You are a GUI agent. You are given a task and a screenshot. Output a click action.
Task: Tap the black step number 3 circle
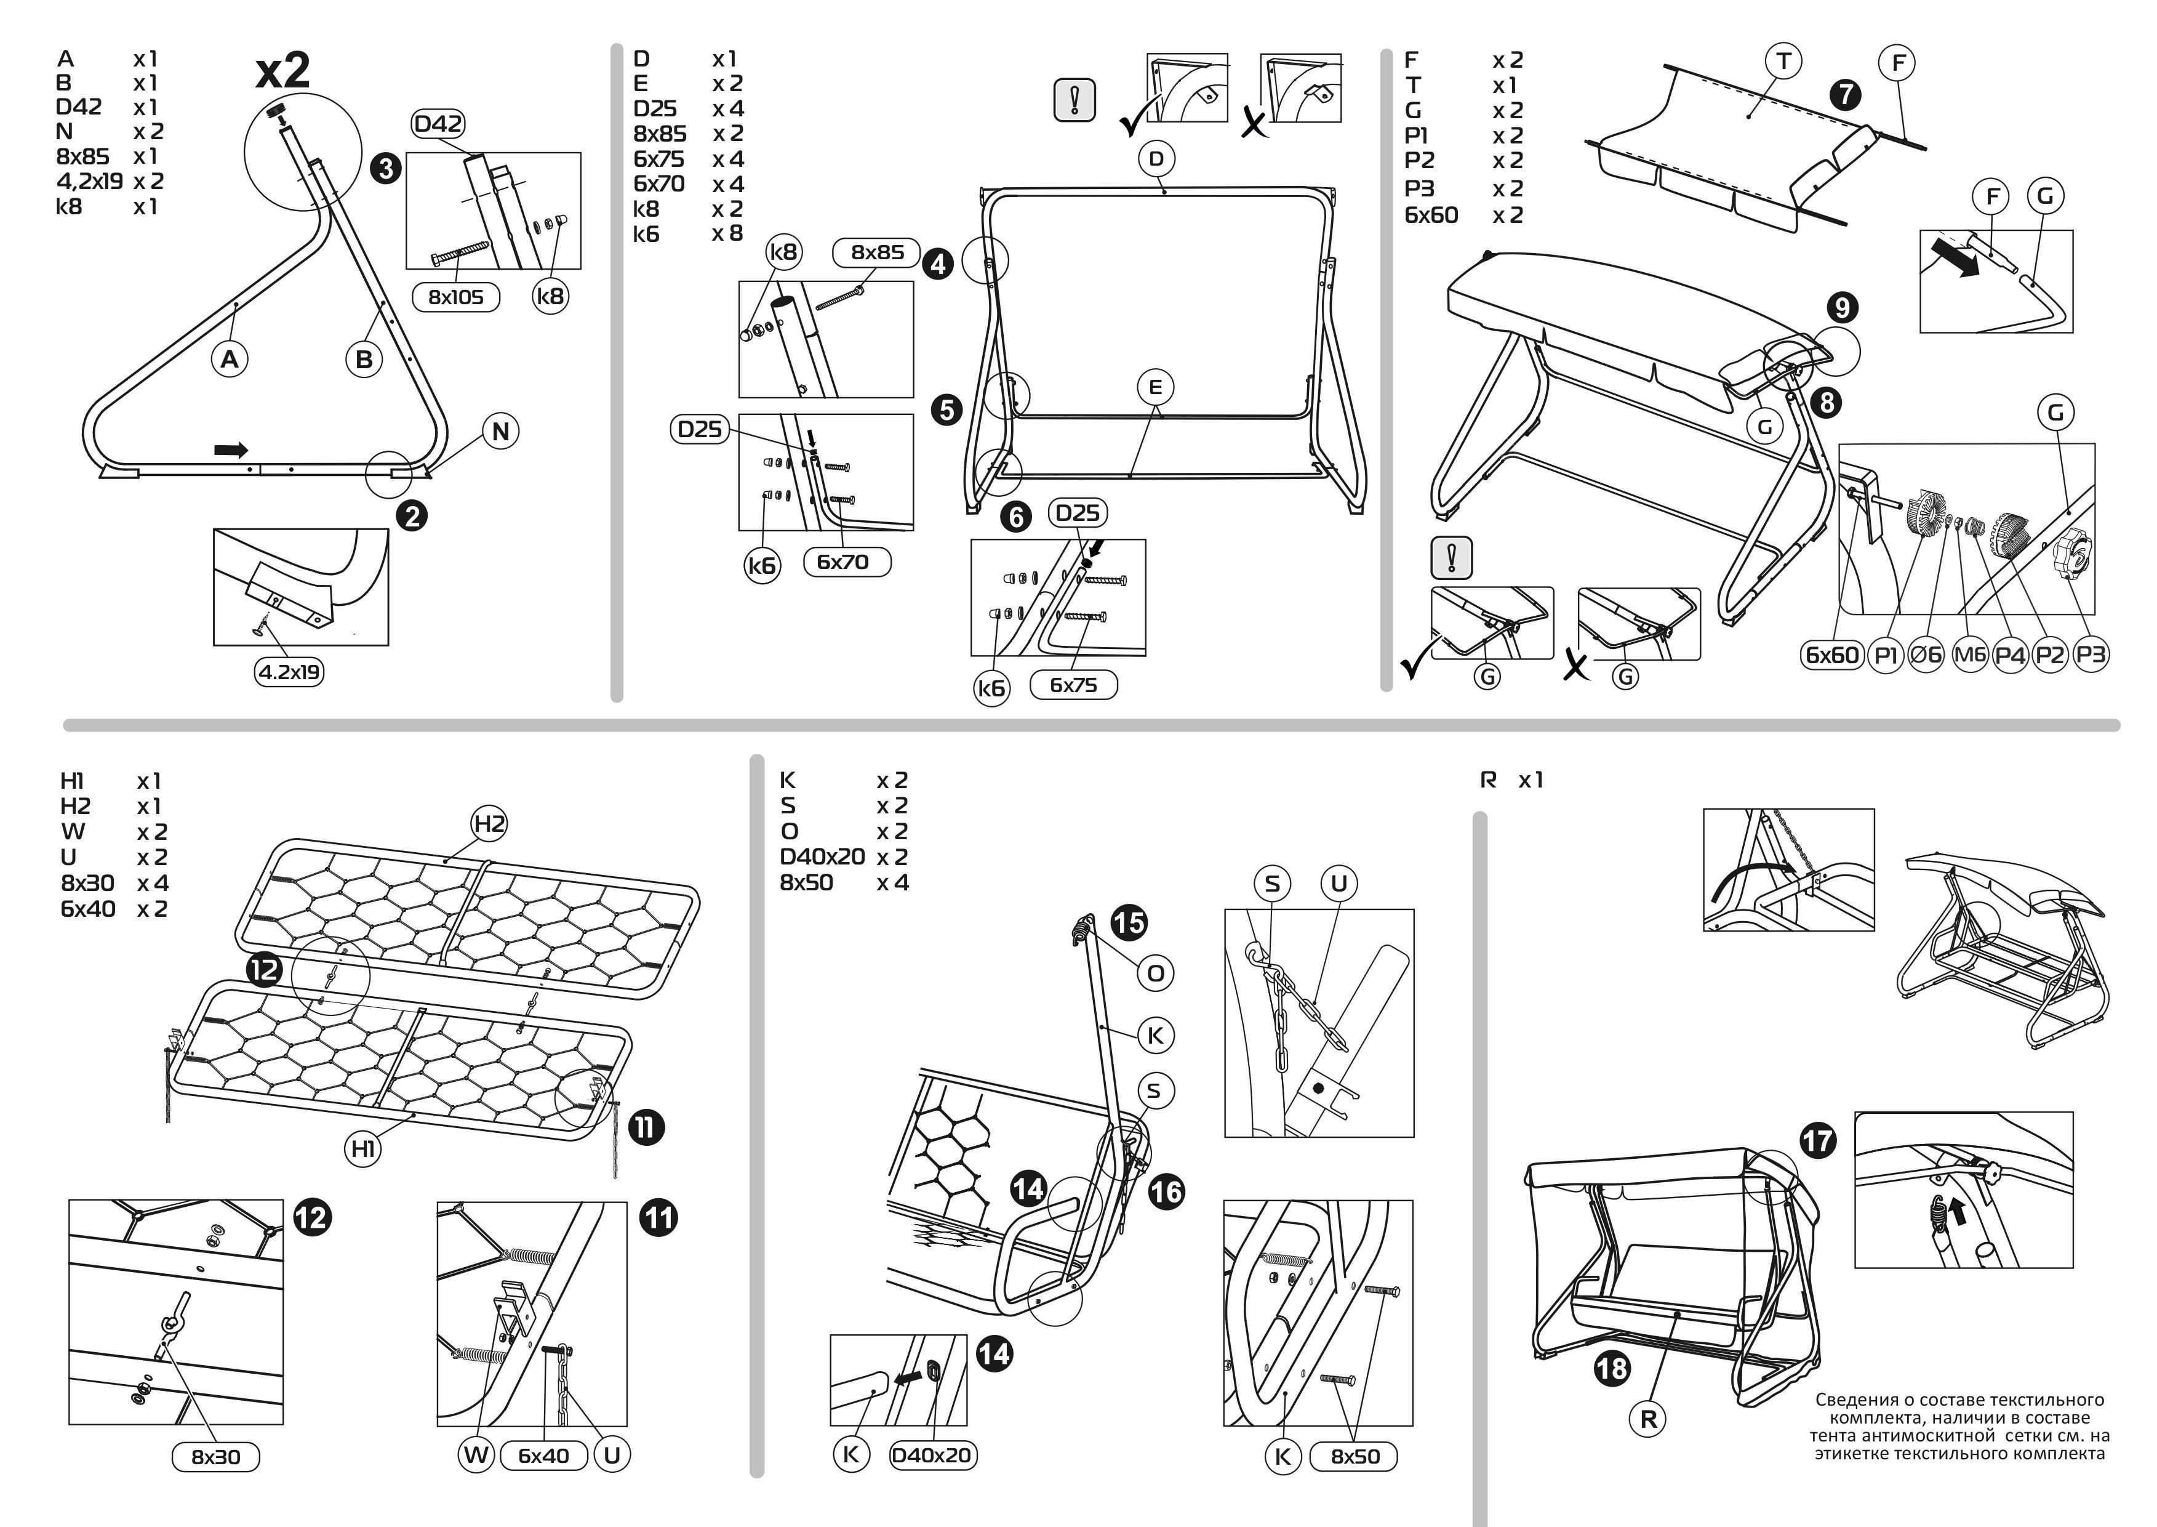(x=385, y=169)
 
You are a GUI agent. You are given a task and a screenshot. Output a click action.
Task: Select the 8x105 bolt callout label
(x=456, y=297)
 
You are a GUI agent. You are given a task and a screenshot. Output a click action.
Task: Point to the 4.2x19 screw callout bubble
(x=289, y=671)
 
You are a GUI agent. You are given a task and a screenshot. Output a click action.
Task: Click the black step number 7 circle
(x=1845, y=94)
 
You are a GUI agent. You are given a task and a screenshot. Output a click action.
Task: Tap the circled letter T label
(x=1783, y=62)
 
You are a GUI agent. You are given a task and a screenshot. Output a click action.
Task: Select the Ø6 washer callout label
(x=1926, y=655)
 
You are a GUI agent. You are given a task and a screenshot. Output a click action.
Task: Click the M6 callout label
(x=1969, y=655)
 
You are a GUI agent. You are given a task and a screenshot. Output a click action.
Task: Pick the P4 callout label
(x=2009, y=655)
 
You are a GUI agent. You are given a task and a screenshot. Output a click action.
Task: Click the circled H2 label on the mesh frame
(x=489, y=824)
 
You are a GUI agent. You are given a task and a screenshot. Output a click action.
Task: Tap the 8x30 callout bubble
(x=216, y=1456)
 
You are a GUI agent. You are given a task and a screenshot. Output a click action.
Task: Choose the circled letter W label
(x=476, y=1456)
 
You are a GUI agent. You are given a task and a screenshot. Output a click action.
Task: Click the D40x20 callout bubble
(x=931, y=1456)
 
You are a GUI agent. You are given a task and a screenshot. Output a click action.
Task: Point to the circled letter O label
(x=1155, y=973)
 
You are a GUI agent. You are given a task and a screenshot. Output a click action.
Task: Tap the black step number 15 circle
(x=1128, y=922)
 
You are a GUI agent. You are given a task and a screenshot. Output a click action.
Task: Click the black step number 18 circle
(x=1611, y=1368)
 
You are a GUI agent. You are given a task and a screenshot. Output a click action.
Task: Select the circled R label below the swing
(x=1647, y=1419)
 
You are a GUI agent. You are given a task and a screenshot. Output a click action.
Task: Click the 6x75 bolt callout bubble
(x=1073, y=685)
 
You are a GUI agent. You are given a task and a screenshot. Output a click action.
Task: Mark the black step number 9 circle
(x=1842, y=307)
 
